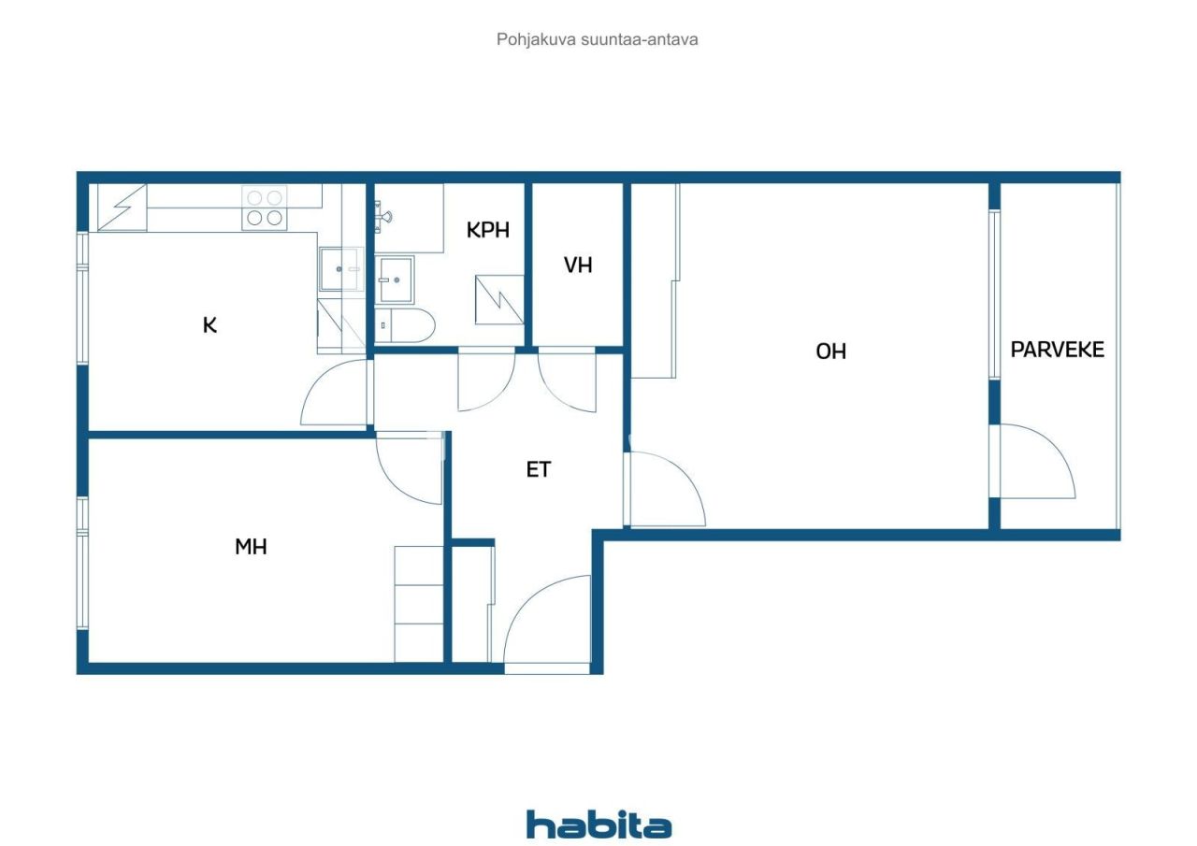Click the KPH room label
click(x=488, y=230)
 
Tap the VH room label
click(x=578, y=265)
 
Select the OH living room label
click(x=830, y=351)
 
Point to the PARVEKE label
click(x=1057, y=350)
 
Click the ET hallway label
click(x=539, y=469)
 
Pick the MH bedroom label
click(x=251, y=547)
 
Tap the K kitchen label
click(x=210, y=325)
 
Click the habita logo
click(x=598, y=824)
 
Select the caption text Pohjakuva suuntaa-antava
click(x=598, y=40)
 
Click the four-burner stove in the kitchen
click(x=264, y=208)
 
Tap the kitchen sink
click(x=339, y=269)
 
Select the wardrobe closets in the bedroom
click(x=418, y=603)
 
